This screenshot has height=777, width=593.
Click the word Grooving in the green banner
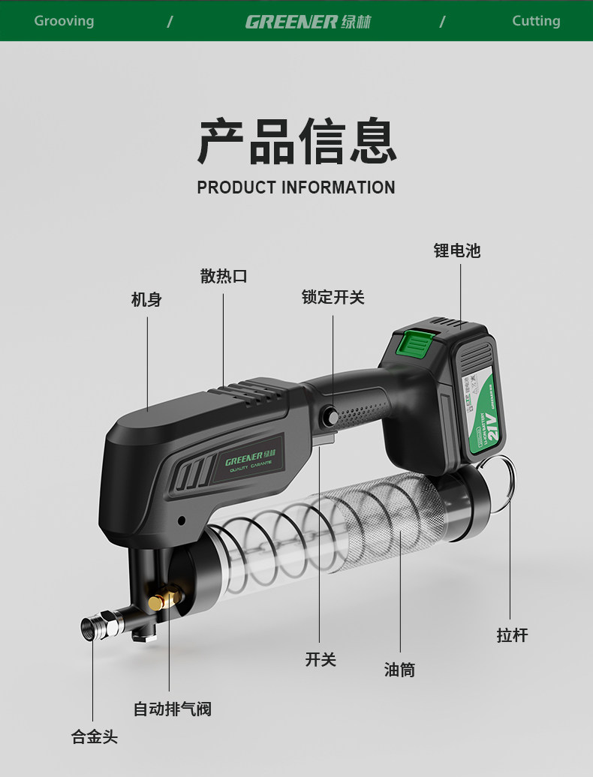click(64, 21)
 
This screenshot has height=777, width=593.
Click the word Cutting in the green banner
click(536, 21)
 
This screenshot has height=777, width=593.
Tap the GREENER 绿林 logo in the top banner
click(308, 22)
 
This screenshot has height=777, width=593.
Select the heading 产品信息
click(296, 141)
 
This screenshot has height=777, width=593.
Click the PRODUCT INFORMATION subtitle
click(296, 187)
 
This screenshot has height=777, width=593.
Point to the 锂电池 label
click(456, 251)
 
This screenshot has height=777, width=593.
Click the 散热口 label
click(224, 276)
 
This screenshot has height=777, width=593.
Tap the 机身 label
click(146, 300)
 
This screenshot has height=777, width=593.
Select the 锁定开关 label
click(333, 298)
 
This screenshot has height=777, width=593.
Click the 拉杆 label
click(512, 635)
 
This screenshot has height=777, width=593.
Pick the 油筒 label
click(399, 670)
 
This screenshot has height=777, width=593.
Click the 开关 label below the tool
click(321, 659)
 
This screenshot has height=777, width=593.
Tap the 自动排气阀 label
click(172, 709)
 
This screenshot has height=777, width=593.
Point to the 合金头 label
click(95, 736)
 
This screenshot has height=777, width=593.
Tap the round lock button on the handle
click(331, 415)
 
